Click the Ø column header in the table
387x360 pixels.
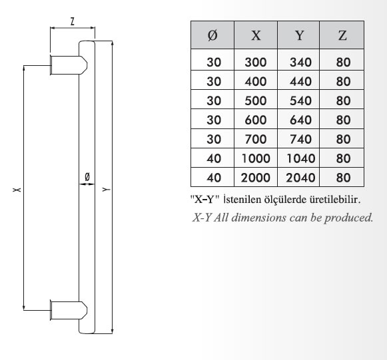click(x=212, y=35)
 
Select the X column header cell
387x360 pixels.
click(x=256, y=35)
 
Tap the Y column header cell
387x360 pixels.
click(x=298, y=35)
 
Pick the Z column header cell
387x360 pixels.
click(x=342, y=35)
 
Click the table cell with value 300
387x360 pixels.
click(x=256, y=62)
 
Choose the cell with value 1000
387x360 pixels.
click(x=256, y=158)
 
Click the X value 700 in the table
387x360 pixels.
click(x=256, y=139)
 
